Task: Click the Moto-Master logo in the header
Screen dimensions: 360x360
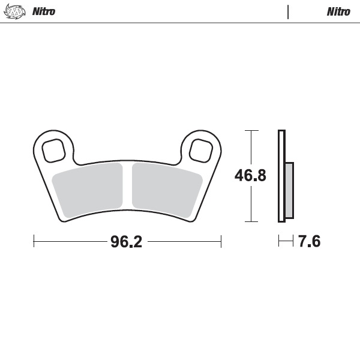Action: click(14, 11)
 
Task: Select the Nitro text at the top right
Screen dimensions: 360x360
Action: click(338, 11)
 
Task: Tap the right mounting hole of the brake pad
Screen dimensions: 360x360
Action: click(201, 149)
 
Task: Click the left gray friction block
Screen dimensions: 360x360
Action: click(89, 189)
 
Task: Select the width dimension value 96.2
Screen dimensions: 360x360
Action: click(126, 242)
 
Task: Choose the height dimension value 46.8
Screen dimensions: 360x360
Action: click(250, 176)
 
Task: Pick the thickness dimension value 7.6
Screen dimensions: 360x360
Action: click(309, 242)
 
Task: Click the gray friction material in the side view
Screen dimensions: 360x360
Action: click(289, 190)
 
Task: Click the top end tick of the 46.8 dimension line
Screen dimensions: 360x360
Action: click(251, 130)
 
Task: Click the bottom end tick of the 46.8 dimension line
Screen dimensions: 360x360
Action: click(251, 221)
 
